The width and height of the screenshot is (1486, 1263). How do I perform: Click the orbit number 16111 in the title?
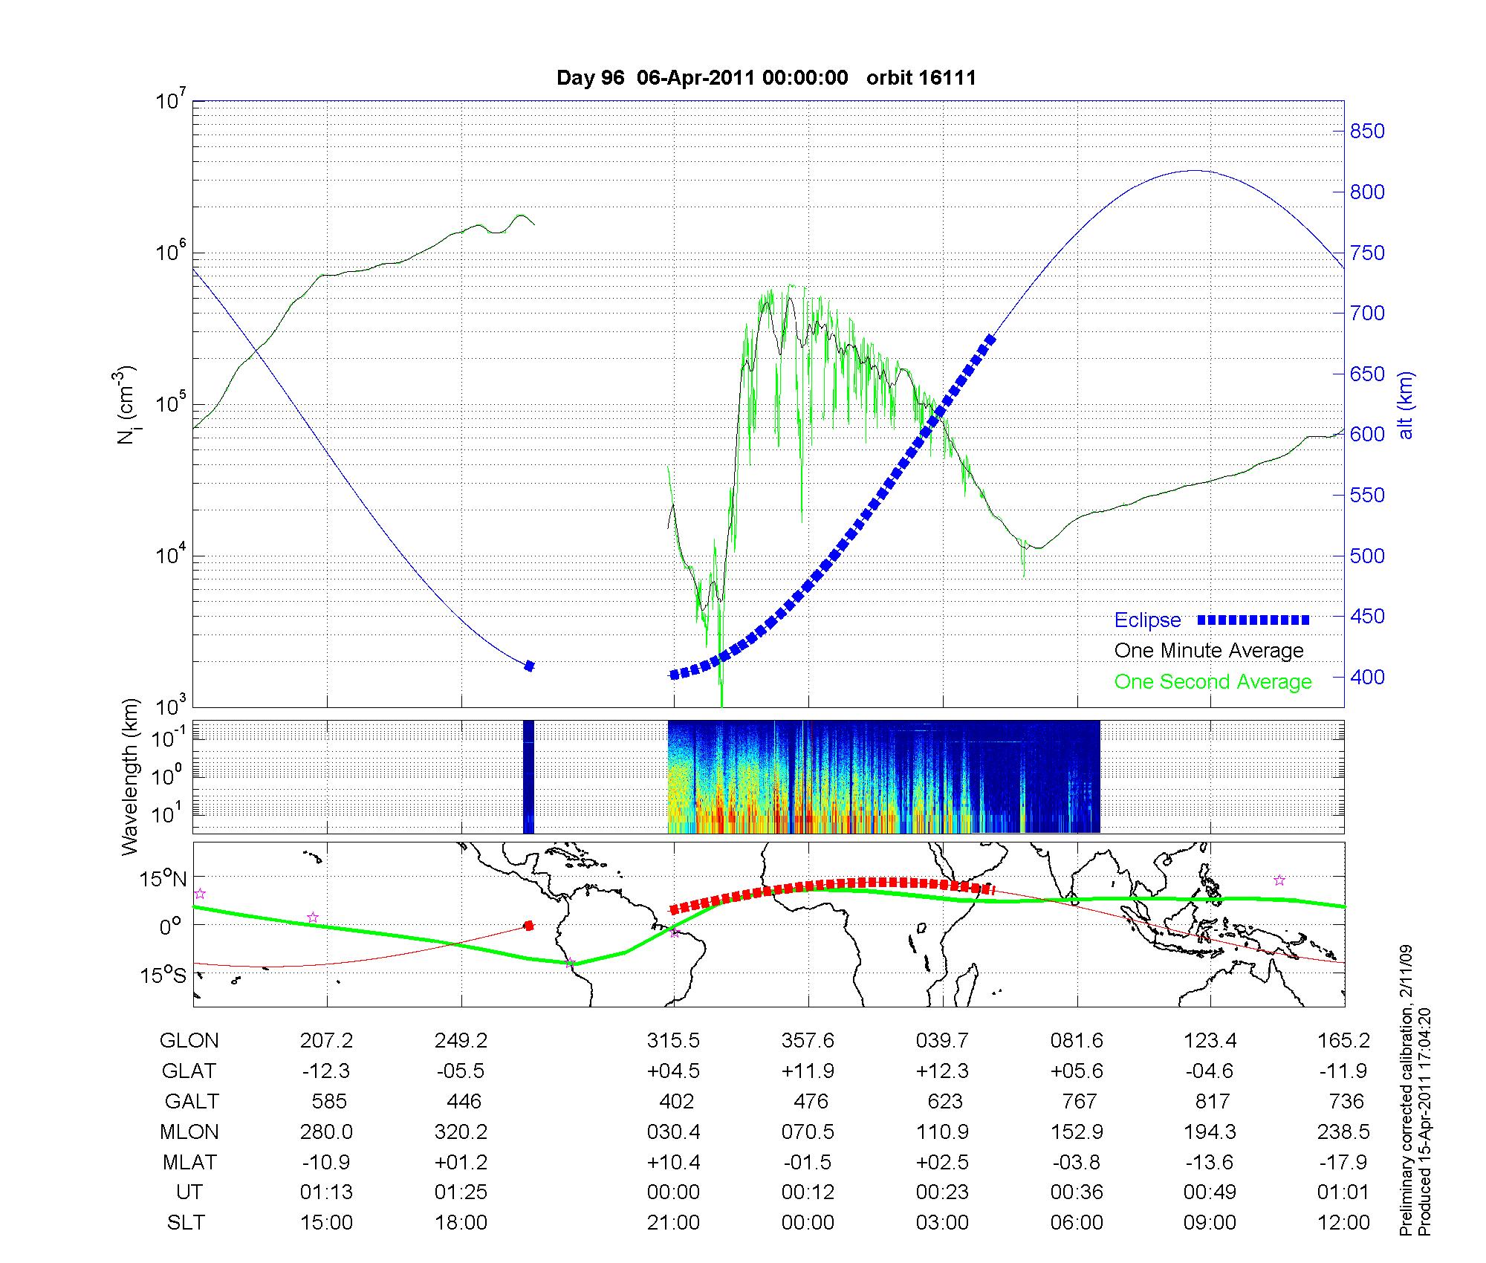[921, 78]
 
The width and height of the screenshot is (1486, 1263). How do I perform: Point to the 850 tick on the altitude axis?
[1366, 132]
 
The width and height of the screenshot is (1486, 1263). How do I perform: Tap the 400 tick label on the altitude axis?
[1366, 677]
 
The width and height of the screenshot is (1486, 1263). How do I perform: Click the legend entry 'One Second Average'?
[1213, 681]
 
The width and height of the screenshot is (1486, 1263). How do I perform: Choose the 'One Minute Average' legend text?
[1209, 651]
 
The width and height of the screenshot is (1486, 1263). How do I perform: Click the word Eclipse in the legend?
[1147, 620]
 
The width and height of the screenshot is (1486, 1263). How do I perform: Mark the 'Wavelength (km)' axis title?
[131, 776]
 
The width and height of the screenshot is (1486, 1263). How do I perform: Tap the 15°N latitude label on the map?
[164, 879]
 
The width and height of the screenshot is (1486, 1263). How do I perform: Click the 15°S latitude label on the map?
[164, 975]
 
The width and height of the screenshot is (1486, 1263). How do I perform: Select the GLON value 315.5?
[673, 1041]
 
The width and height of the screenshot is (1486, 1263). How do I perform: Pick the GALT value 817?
[1213, 1101]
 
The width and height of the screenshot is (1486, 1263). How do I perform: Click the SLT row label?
[186, 1222]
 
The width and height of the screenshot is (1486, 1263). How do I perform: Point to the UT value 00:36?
[1077, 1192]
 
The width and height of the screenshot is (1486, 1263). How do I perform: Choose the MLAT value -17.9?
[1346, 1162]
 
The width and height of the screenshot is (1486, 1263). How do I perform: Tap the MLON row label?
[189, 1131]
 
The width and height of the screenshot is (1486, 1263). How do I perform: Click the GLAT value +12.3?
[942, 1071]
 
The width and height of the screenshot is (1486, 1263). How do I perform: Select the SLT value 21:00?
[673, 1222]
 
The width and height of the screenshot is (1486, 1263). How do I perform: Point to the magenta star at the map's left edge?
[199, 894]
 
